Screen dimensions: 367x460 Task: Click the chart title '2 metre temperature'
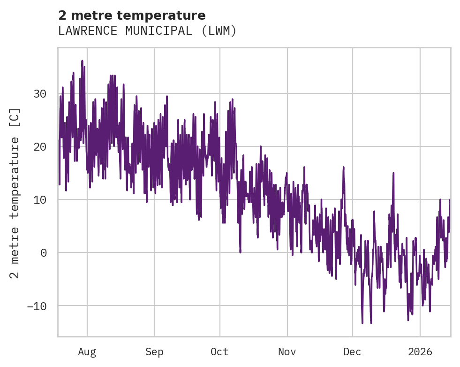pyautogui.click(x=132, y=15)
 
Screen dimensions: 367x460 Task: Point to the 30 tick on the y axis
pyautogui.click(x=39, y=94)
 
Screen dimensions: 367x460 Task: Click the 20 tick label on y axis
pyautogui.click(x=39, y=147)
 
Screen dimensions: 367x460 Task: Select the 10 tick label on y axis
pyautogui.click(x=39, y=200)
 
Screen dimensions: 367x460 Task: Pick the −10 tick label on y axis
pyautogui.click(x=37, y=306)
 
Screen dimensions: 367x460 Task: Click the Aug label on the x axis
pyautogui.click(x=87, y=352)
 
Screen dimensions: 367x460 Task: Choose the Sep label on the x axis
pyautogui.click(x=154, y=352)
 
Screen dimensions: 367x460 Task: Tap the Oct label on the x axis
pyautogui.click(x=219, y=352)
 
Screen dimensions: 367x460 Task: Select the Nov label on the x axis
pyautogui.click(x=287, y=352)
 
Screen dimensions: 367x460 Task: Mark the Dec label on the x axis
pyautogui.click(x=352, y=352)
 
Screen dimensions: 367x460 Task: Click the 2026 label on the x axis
pyautogui.click(x=420, y=352)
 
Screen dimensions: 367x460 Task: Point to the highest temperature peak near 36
pyautogui.click(x=82, y=61)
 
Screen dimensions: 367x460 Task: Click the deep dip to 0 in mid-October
pyautogui.click(x=240, y=252)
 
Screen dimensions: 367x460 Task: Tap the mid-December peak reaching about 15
pyautogui.click(x=393, y=173)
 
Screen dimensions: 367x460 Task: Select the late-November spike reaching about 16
pyautogui.click(x=344, y=167)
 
